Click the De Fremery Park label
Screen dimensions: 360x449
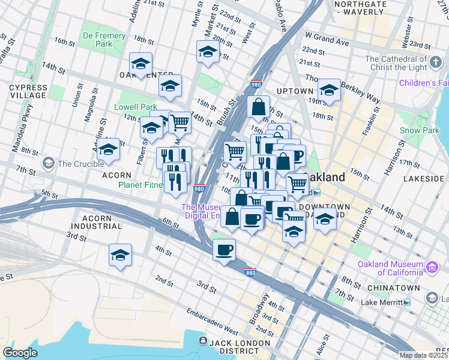(x=104, y=40)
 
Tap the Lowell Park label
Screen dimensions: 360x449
(x=136, y=107)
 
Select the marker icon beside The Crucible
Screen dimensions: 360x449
(x=48, y=163)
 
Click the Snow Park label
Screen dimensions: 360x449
(x=418, y=130)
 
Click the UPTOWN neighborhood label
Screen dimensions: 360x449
(x=295, y=91)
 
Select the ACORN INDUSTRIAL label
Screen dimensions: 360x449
(x=96, y=221)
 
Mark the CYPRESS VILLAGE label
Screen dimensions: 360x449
(x=28, y=91)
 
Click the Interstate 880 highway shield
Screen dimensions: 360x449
(x=251, y=272)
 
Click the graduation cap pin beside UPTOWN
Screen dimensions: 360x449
(x=329, y=90)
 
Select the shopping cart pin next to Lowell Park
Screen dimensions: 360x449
(x=179, y=123)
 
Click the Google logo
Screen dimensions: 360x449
(x=20, y=353)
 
